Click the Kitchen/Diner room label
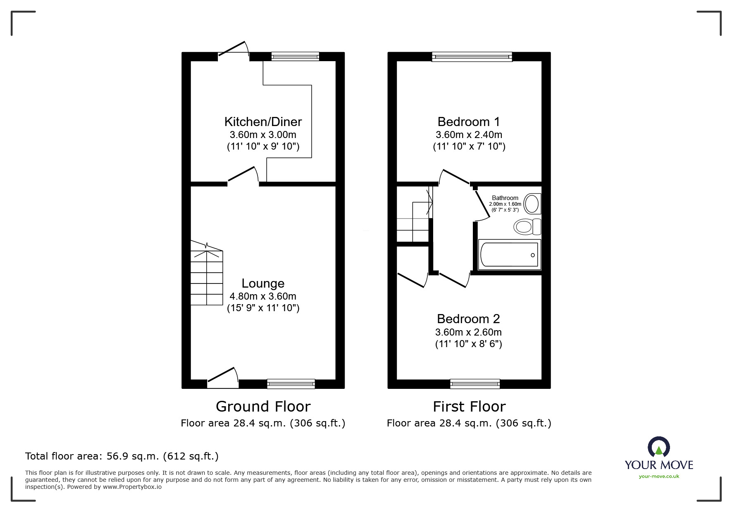(263, 121)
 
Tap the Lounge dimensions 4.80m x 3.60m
(263, 296)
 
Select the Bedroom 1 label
(469, 121)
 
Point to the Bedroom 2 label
(468, 319)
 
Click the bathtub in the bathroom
(509, 255)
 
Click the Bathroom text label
(505, 198)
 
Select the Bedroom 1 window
(472, 57)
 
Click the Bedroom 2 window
(474, 384)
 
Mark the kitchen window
(295, 57)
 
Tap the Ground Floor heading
(263, 407)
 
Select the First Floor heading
(469, 407)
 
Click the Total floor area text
(122, 456)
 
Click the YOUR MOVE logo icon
(658, 447)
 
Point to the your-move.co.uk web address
(659, 476)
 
